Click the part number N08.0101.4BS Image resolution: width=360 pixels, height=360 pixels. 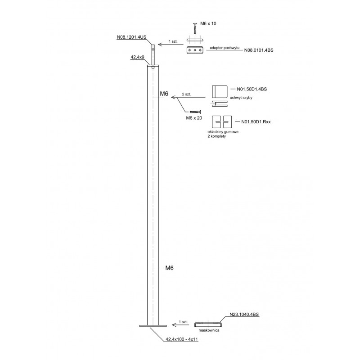coord(258,51)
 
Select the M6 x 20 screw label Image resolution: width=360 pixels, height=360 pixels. coord(194,117)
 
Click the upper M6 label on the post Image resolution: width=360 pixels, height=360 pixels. coord(164,94)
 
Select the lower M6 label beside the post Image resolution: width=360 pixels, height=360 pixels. coord(169,268)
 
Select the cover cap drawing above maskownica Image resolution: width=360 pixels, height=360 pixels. coord(208,324)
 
